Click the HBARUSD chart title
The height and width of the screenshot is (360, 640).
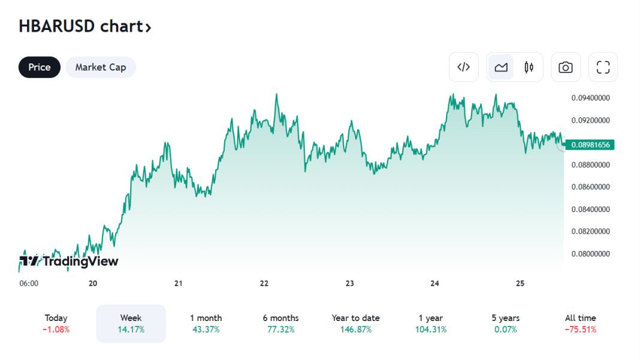click(x=84, y=26)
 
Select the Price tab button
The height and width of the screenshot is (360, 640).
click(x=40, y=67)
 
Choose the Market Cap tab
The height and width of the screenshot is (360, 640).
click(x=101, y=67)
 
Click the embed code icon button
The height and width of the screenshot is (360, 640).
click(x=464, y=67)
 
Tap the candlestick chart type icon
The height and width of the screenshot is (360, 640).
click(x=529, y=67)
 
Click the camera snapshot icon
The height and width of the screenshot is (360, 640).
click(x=565, y=67)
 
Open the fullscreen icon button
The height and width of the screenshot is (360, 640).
click(x=603, y=67)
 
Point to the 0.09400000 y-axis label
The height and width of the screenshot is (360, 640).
click(x=590, y=98)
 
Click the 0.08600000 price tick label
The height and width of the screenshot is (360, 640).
click(x=590, y=187)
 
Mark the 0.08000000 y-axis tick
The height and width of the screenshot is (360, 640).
click(x=590, y=254)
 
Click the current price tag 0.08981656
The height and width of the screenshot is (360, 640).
click(x=590, y=144)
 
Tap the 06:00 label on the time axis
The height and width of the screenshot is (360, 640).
click(x=29, y=283)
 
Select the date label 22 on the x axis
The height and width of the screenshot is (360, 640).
click(x=264, y=283)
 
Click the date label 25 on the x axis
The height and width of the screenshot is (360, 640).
click(x=520, y=283)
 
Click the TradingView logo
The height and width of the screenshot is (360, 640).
click(x=69, y=261)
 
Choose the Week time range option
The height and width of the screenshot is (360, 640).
click(x=131, y=323)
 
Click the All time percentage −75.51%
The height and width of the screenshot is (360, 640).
click(x=580, y=329)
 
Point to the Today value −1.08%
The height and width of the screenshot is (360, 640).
click(x=56, y=329)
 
